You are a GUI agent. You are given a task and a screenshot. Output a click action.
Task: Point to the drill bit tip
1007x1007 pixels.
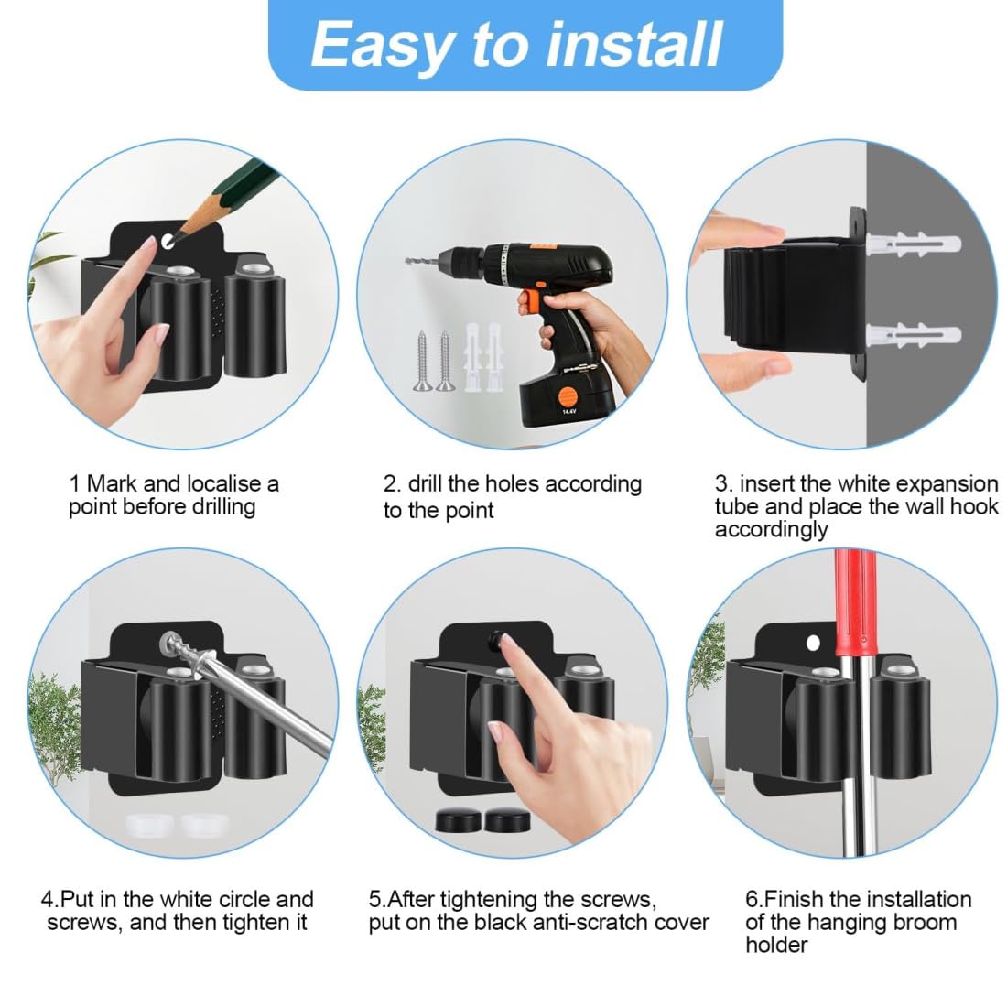(x=407, y=260)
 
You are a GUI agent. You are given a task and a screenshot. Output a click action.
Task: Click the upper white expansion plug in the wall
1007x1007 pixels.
(x=914, y=244)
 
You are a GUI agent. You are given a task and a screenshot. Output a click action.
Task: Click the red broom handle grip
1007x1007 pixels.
(x=855, y=603)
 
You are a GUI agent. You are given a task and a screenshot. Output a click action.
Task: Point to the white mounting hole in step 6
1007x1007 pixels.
(x=813, y=643)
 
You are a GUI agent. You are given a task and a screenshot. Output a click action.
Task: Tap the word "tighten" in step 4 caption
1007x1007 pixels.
(x=254, y=922)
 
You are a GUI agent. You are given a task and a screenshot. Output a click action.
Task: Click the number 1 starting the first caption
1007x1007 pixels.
(x=74, y=483)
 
